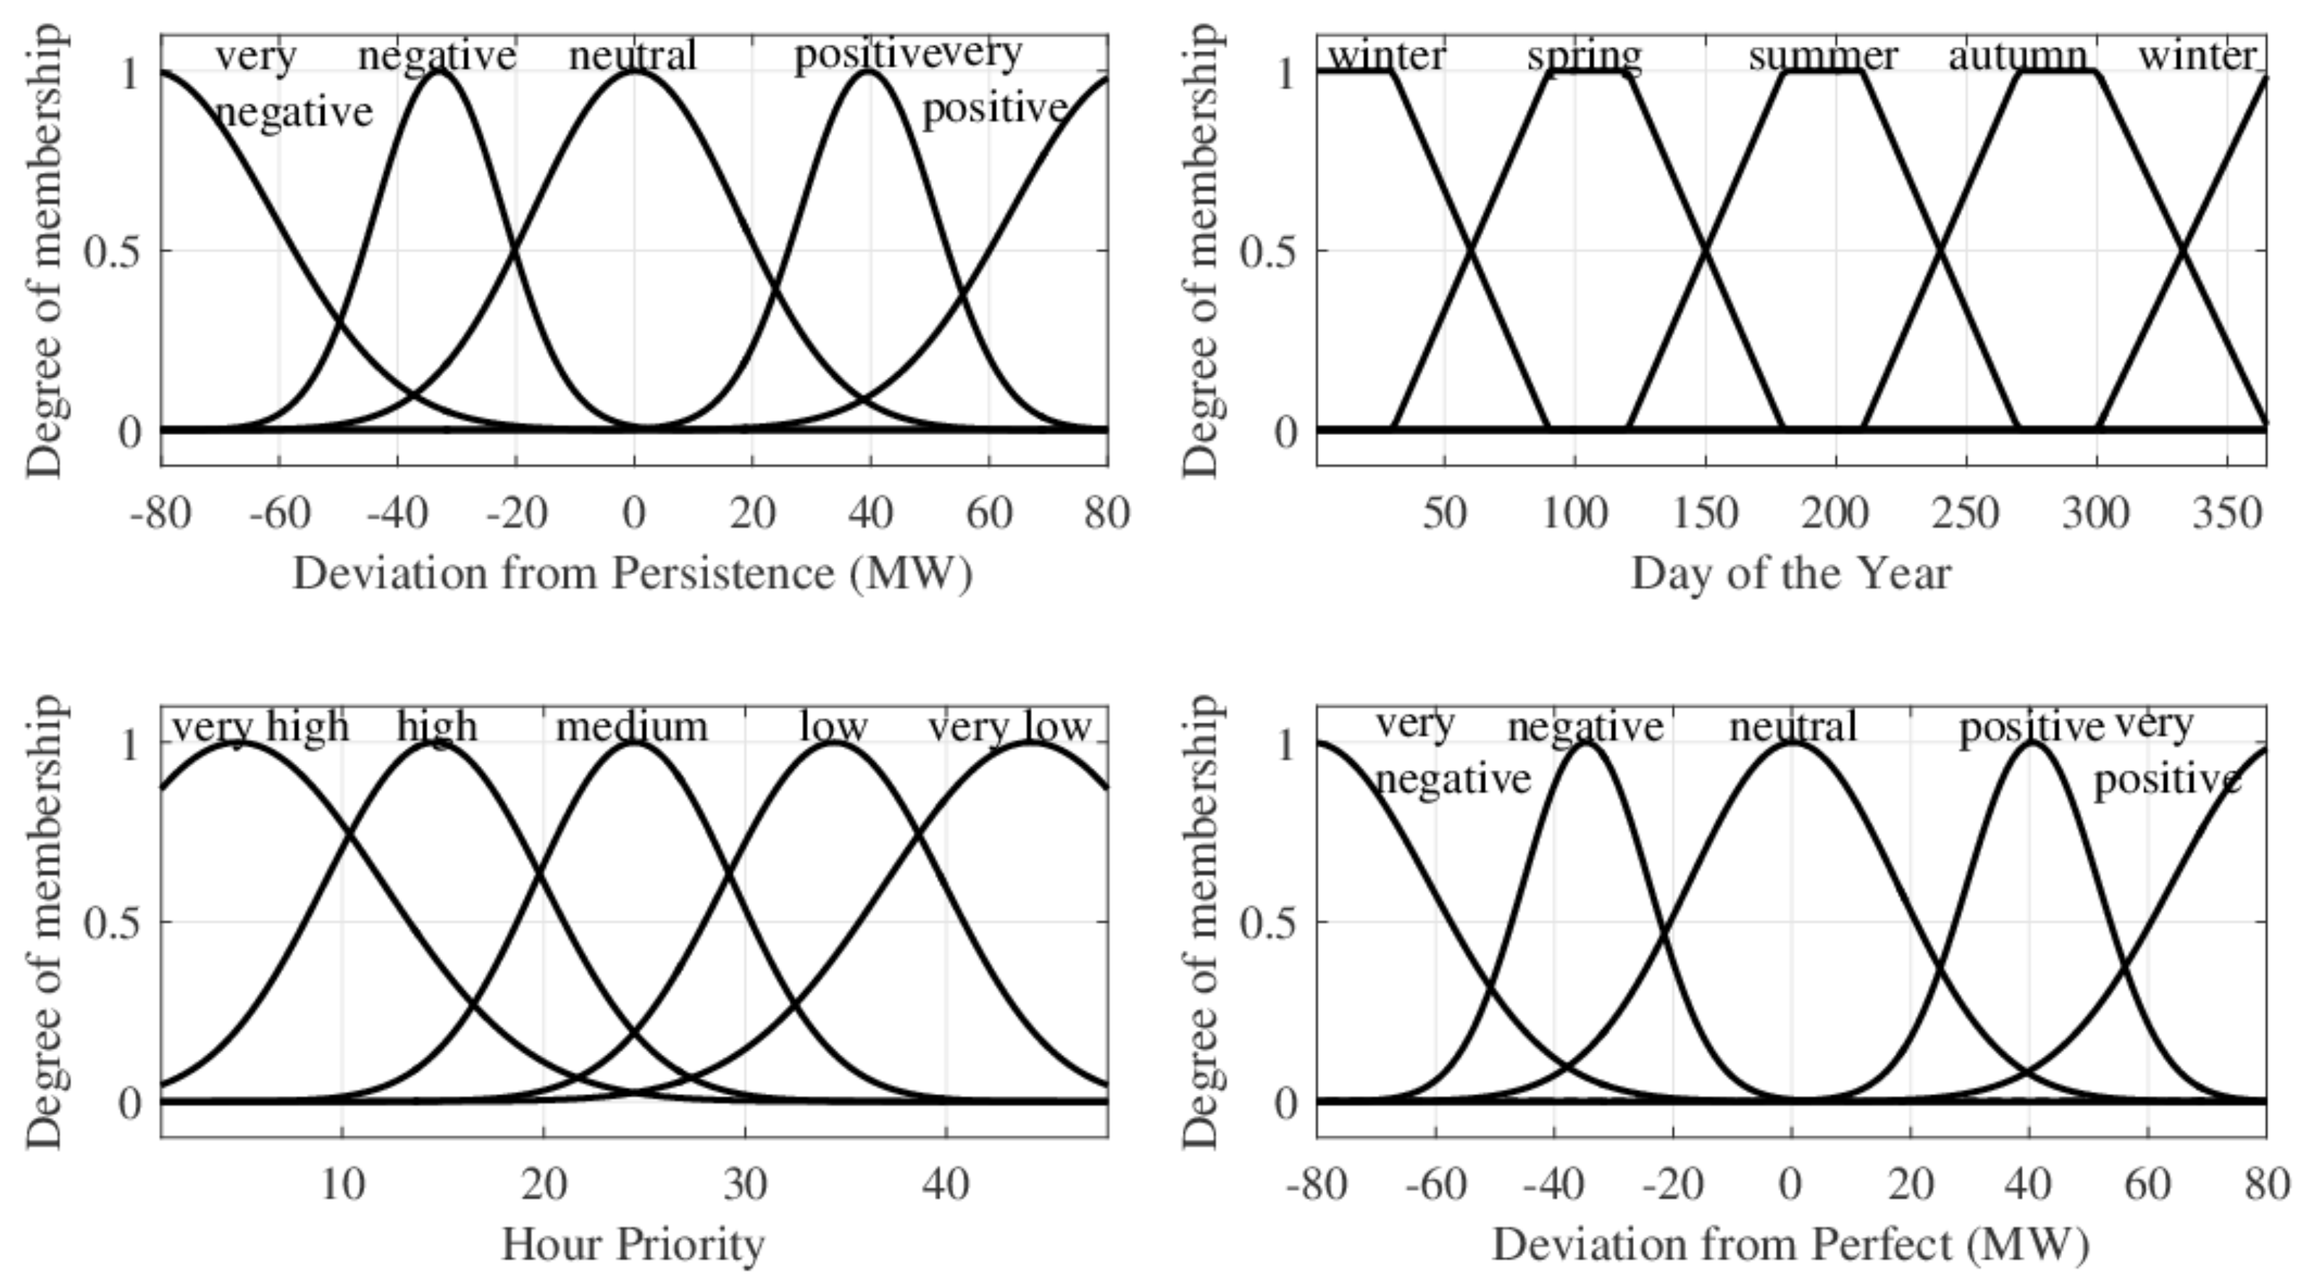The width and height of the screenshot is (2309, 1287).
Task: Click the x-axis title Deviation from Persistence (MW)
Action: tap(632, 574)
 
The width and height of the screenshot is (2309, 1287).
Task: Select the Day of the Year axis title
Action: tap(1790, 574)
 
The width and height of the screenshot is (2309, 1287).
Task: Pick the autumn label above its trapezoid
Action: tap(2017, 57)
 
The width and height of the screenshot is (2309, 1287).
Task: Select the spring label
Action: tap(1584, 57)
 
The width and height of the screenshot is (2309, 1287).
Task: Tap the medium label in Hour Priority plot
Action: tap(632, 727)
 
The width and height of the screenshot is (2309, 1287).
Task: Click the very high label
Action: tap(260, 727)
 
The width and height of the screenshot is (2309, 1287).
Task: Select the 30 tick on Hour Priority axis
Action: tap(745, 1186)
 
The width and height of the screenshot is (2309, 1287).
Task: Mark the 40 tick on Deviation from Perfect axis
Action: tap(2028, 1186)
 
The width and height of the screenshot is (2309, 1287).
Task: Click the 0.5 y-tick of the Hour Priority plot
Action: tap(112, 922)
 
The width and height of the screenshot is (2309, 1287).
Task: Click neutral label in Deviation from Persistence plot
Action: tap(632, 57)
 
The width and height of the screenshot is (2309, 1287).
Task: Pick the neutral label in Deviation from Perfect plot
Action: tap(1792, 727)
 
